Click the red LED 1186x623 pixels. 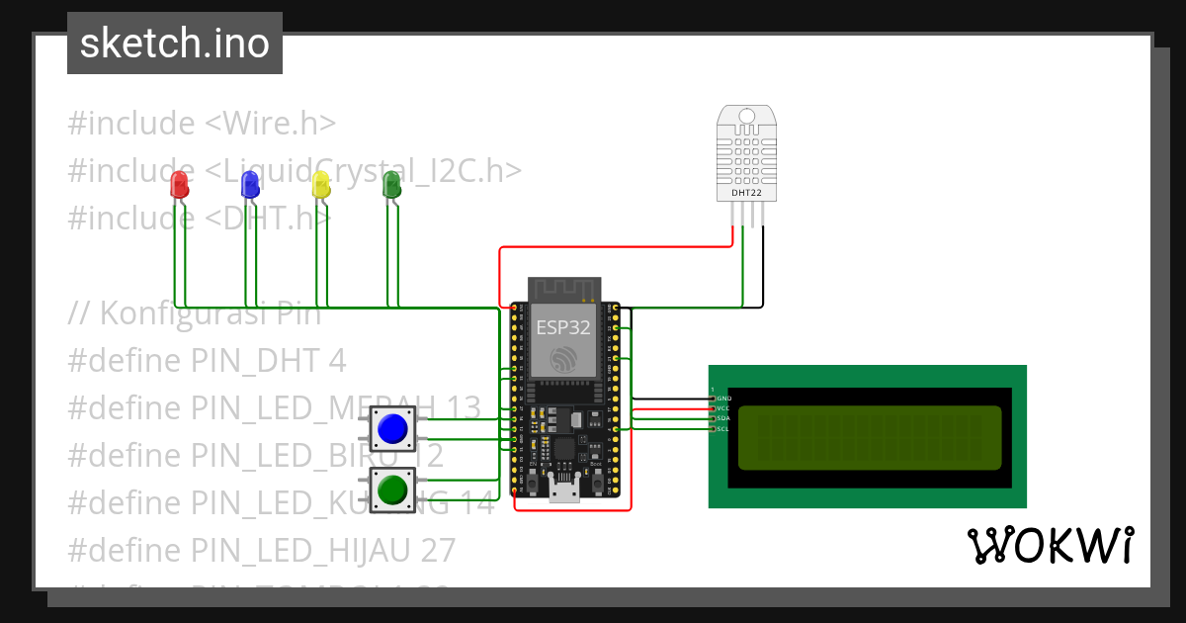179,184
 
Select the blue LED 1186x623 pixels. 250,182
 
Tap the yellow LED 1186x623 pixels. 320,184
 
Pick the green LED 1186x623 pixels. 391,183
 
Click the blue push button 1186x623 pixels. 392,428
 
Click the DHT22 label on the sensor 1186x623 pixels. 745,193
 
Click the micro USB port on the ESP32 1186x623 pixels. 564,491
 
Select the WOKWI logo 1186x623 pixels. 1050,545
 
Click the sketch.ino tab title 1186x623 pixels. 175,44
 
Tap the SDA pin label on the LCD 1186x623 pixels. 722,418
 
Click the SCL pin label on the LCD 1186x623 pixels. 722,428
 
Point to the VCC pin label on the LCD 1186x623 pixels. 722,407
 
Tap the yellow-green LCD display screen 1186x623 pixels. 870,437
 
